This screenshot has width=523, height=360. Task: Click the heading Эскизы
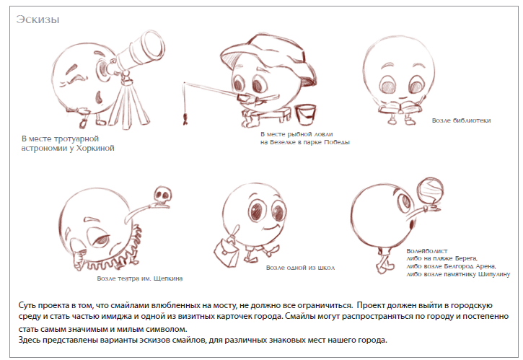click(x=38, y=19)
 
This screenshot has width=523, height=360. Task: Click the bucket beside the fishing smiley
click(x=306, y=115)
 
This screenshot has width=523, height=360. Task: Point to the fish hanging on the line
click(x=185, y=118)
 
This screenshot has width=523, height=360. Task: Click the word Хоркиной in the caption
click(x=95, y=148)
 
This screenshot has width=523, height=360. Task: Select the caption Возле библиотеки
click(x=461, y=120)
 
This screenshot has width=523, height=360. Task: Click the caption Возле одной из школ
click(x=300, y=268)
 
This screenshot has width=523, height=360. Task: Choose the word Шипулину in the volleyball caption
click(x=494, y=275)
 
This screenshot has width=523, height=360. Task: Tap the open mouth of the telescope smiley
click(x=99, y=97)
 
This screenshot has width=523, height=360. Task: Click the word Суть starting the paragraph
click(x=27, y=305)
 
